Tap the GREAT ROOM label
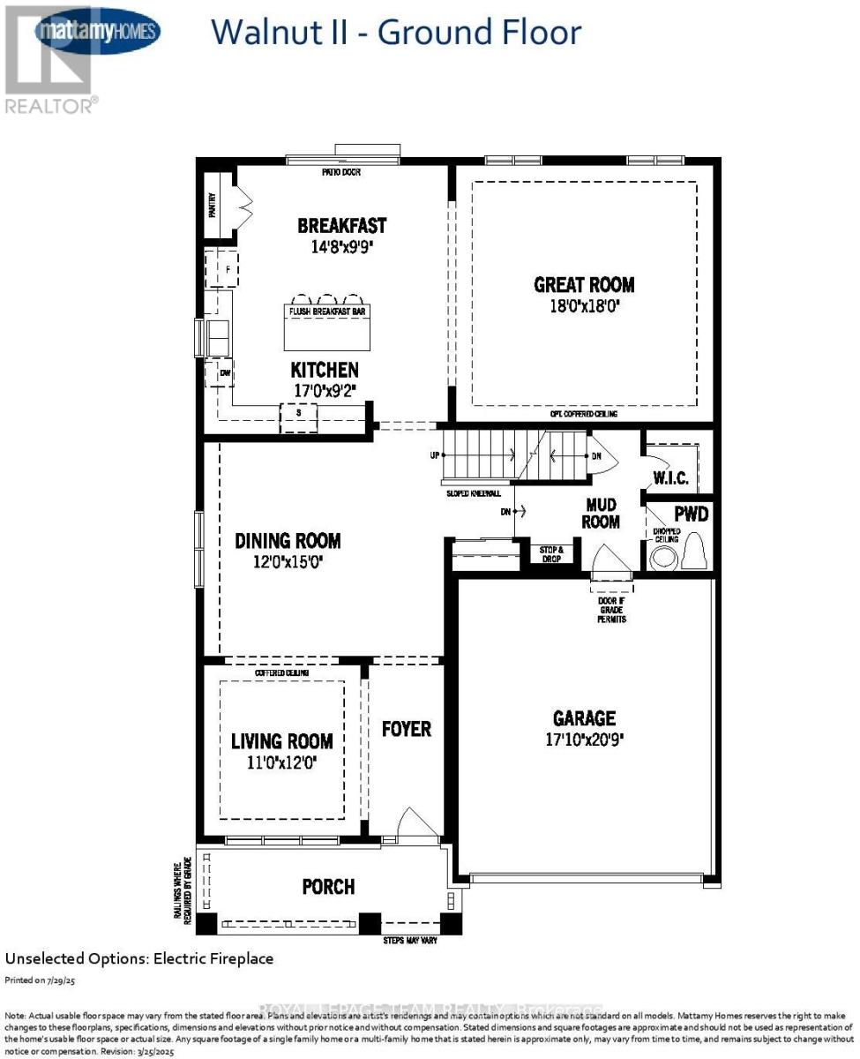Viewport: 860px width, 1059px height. tap(584, 285)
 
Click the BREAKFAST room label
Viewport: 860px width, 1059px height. tap(341, 226)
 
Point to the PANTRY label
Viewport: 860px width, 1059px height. tap(211, 207)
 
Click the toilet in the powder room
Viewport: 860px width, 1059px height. tap(694, 552)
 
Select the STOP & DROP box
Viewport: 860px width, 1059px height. tap(551, 553)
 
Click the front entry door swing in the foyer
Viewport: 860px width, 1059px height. tap(416, 822)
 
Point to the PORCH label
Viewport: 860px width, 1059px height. tap(328, 886)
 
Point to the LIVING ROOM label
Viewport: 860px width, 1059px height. tap(282, 741)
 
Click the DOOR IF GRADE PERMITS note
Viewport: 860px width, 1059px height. tap(611, 610)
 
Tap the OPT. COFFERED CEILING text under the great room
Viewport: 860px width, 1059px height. tap(583, 414)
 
